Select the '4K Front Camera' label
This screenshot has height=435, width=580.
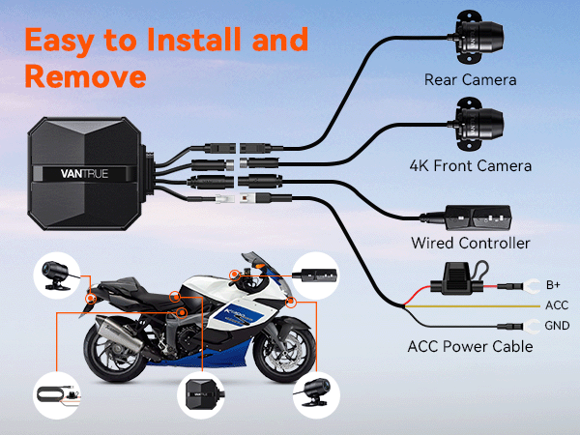coord(469,166)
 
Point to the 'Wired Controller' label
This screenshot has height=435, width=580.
coord(471,242)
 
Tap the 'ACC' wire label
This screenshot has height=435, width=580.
coord(557,305)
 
